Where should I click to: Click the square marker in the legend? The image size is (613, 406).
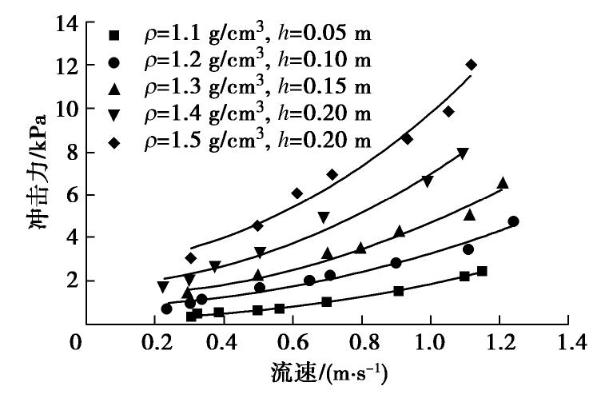pyautogui.click(x=114, y=34)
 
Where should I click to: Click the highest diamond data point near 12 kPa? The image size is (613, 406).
pyautogui.click(x=472, y=65)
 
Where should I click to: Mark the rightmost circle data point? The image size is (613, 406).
pyautogui.click(x=513, y=221)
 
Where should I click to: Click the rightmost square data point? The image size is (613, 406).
pyautogui.click(x=482, y=272)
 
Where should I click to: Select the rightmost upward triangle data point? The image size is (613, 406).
pyautogui.click(x=503, y=183)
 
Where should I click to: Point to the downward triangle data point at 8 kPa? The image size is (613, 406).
pyautogui.click(x=463, y=153)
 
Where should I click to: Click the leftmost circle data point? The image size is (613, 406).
pyautogui.click(x=166, y=308)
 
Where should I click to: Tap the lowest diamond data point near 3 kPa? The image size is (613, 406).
pyautogui.click(x=190, y=258)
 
